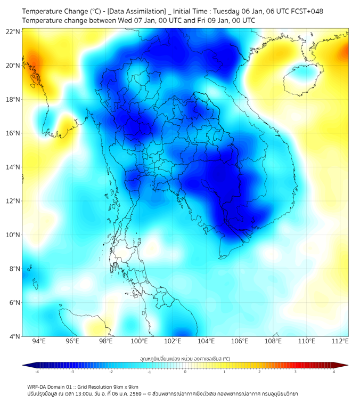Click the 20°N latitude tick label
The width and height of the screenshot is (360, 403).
13,66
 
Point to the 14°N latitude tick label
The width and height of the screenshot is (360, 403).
13,167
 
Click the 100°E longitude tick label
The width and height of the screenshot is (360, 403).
140,342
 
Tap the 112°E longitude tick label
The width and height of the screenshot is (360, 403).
340,342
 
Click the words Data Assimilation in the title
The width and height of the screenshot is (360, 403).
137,11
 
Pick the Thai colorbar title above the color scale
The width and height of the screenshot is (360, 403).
185,359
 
